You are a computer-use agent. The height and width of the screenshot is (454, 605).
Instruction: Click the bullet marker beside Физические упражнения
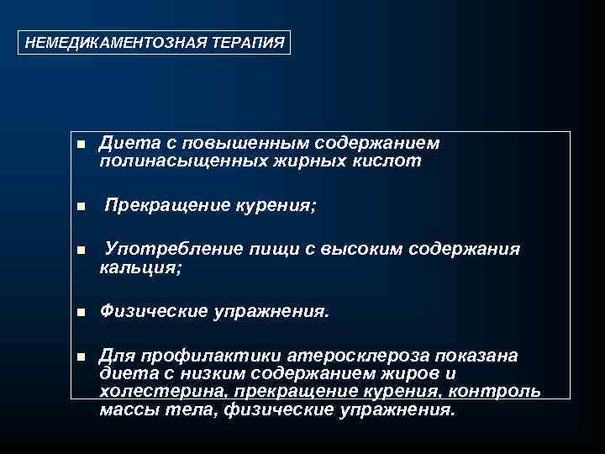point(81,313)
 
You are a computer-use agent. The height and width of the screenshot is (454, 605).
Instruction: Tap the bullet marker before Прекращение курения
point(81,206)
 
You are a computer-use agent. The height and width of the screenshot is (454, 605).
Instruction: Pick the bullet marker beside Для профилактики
point(81,357)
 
